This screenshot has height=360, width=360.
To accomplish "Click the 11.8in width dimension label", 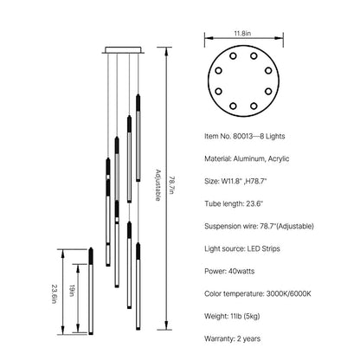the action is point(242,33).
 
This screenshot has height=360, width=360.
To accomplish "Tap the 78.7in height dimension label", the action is point(171,185).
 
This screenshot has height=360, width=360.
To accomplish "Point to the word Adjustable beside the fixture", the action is point(158,185).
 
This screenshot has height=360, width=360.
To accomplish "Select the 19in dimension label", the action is point(72,291).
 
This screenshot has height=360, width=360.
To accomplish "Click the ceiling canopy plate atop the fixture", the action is point(123,50).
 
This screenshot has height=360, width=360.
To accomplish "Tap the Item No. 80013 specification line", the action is point(245,136).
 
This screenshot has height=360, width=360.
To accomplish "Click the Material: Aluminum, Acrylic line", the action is point(247,158).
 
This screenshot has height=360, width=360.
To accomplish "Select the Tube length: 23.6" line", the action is point(234,203).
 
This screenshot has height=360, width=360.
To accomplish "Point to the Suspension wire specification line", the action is point(259,226).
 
